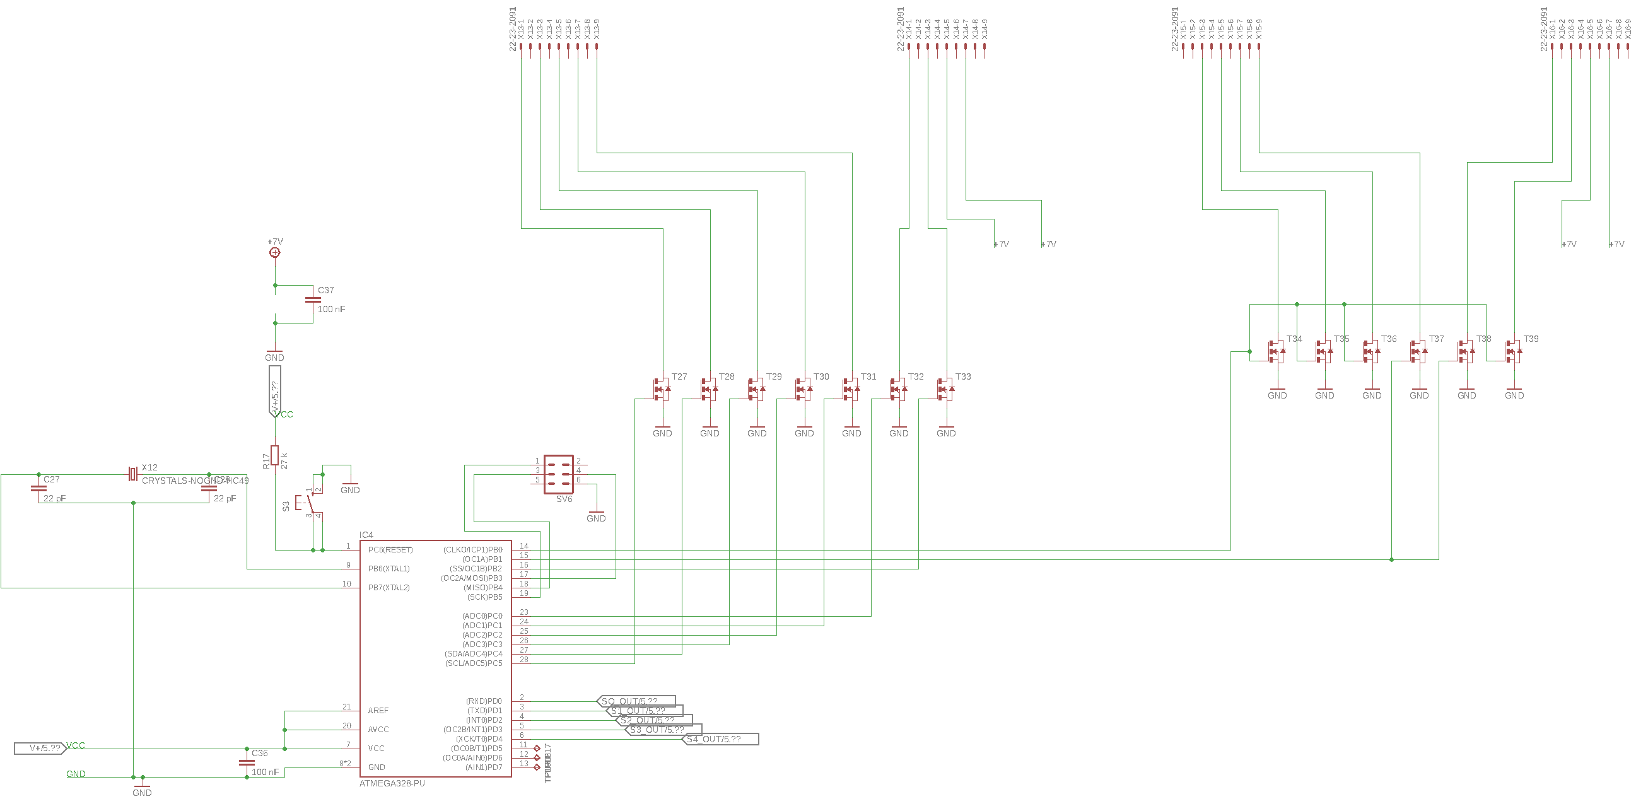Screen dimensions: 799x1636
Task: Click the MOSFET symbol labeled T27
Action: pos(661,388)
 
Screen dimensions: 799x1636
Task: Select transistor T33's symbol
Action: pos(945,388)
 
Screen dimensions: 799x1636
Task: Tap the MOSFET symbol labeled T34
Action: pos(1277,351)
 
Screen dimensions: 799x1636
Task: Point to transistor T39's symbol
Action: pos(1513,351)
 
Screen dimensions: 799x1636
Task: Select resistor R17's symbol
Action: pos(274,455)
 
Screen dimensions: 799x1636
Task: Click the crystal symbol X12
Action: pos(132,474)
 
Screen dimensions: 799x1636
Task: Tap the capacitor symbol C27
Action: pos(38,489)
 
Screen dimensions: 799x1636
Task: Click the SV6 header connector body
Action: pos(559,474)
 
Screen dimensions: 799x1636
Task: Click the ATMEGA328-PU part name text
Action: pos(392,784)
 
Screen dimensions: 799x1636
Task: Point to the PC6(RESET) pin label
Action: pos(390,550)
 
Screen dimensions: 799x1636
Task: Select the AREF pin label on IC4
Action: pos(378,711)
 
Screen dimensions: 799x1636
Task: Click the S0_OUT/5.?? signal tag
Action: pos(636,702)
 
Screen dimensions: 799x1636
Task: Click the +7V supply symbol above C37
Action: pos(274,252)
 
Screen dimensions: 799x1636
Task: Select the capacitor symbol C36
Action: pos(247,762)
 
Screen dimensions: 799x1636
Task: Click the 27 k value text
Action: pos(284,460)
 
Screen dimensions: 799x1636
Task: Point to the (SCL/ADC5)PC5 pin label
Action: pos(473,663)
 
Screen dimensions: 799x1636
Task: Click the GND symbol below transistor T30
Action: pos(804,430)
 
